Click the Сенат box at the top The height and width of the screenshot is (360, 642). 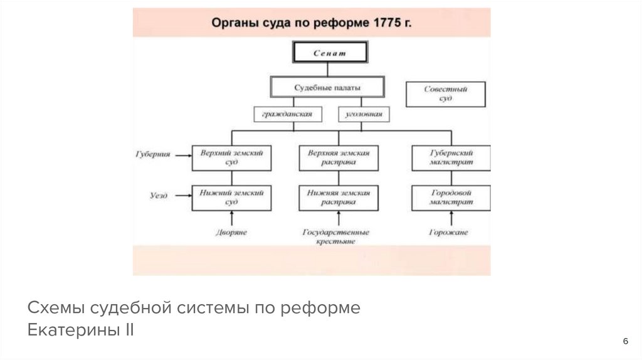click(x=329, y=53)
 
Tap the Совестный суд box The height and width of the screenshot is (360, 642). click(x=446, y=94)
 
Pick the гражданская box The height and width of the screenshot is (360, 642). click(x=288, y=115)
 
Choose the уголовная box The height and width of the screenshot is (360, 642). click(x=364, y=115)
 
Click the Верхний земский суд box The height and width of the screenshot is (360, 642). click(x=231, y=157)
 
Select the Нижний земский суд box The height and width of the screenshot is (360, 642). click(x=231, y=198)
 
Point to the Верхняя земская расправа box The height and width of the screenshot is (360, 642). click(x=339, y=157)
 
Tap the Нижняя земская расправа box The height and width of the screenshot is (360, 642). click(x=339, y=198)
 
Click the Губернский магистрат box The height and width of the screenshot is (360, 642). click(x=451, y=157)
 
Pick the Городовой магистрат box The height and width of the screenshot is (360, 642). click(x=451, y=198)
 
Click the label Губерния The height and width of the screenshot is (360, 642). click(x=153, y=153)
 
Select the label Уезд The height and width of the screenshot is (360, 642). click(x=159, y=196)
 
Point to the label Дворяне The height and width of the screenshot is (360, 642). click(x=232, y=232)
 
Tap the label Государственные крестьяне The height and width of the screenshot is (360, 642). click(x=336, y=236)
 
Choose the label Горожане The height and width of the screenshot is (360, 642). click(x=449, y=232)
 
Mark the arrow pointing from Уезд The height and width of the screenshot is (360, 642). click(x=182, y=196)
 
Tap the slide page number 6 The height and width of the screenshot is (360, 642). click(x=625, y=341)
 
